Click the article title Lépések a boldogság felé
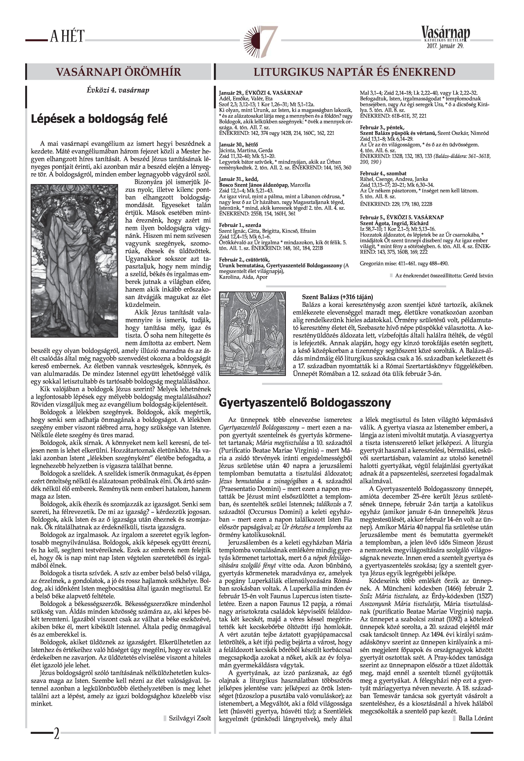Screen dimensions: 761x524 99,119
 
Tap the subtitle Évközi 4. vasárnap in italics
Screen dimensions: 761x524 118,90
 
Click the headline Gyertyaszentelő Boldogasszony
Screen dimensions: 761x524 305,403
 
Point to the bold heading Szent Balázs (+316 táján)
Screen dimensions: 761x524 337,297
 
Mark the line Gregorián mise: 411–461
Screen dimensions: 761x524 404,263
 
